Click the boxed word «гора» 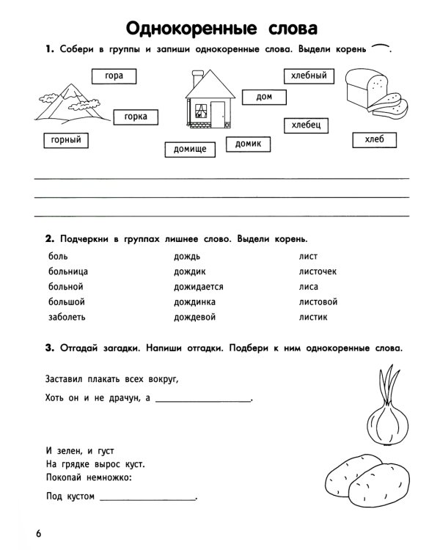[x=114, y=76]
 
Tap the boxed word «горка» [x=136, y=117]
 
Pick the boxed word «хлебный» [x=308, y=76]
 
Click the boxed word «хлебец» [x=306, y=125]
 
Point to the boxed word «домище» [x=189, y=150]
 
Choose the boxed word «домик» [x=248, y=144]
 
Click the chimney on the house [x=197, y=75]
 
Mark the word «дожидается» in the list [x=198, y=287]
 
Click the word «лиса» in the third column [x=308, y=287]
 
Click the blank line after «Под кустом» [x=147, y=499]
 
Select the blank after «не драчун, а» [x=203, y=400]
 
